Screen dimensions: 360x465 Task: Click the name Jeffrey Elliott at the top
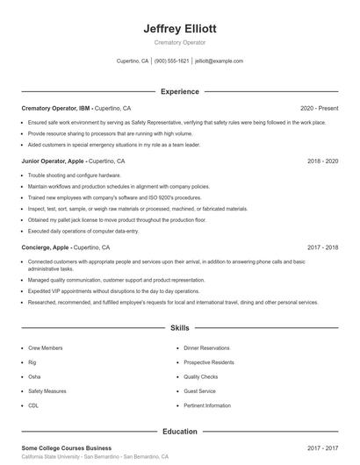(x=179, y=28)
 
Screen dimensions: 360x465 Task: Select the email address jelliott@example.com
(x=219, y=61)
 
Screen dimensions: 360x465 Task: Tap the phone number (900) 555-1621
(x=172, y=61)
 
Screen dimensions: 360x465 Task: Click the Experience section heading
(x=179, y=91)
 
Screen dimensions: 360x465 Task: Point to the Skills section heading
(x=179, y=328)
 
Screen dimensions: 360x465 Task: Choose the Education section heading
(x=179, y=431)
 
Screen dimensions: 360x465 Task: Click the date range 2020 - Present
(x=319, y=107)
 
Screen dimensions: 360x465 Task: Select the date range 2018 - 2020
(x=322, y=161)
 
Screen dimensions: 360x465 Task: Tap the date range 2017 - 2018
(x=322, y=247)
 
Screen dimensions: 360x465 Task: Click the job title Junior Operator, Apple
(x=55, y=161)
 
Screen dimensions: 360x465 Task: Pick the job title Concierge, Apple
(x=47, y=247)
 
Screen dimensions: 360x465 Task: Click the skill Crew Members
(x=45, y=348)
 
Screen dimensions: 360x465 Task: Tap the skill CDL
(x=33, y=405)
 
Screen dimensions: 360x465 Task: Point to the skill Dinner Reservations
(x=207, y=348)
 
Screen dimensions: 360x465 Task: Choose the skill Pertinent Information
(x=207, y=405)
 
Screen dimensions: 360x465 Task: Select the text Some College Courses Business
(x=67, y=447)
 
